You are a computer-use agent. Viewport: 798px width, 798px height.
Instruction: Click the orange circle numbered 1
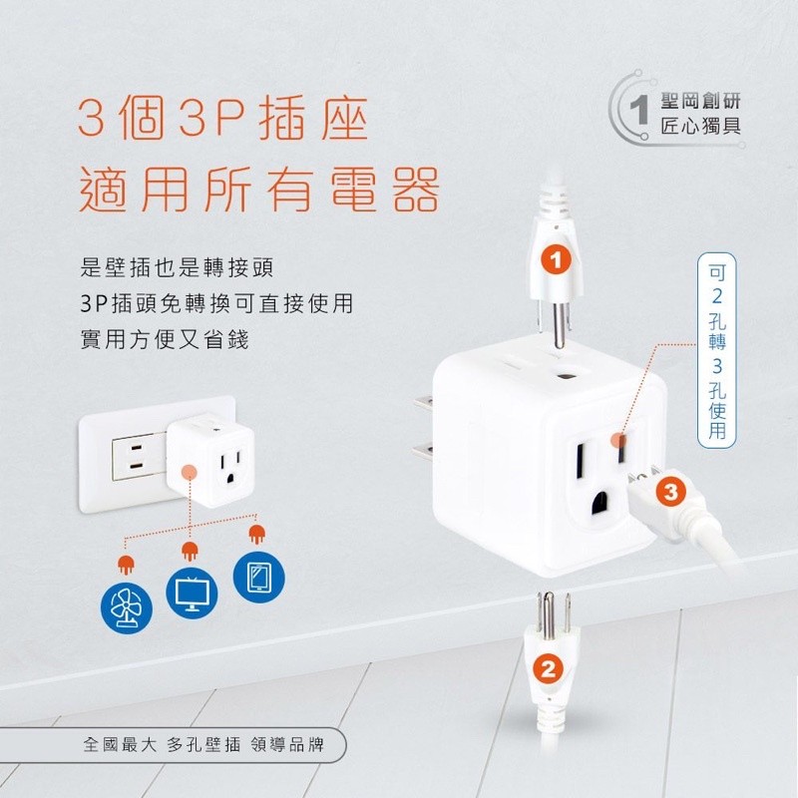(557, 260)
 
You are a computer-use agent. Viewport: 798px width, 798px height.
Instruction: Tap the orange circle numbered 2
(548, 668)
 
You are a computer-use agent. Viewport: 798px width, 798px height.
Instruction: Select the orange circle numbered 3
(670, 492)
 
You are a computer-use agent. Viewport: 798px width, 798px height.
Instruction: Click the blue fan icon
(127, 608)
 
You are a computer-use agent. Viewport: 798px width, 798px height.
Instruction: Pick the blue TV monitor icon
(192, 593)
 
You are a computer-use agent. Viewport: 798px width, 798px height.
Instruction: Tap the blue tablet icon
(259, 578)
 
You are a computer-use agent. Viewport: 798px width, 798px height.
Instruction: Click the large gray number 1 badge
(638, 110)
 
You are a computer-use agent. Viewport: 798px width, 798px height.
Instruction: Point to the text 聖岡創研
(700, 101)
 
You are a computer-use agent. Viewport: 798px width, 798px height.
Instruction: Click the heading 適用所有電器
(259, 190)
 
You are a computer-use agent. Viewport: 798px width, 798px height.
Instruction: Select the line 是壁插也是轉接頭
(178, 267)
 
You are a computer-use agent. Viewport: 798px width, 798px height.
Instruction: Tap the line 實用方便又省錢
(165, 340)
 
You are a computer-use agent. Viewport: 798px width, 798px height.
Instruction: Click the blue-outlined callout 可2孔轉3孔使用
(716, 350)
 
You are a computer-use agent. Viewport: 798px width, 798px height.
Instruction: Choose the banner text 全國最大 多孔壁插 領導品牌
(203, 745)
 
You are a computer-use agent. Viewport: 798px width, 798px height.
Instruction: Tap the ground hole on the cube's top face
(565, 377)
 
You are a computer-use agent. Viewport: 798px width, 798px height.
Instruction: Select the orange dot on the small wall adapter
(190, 472)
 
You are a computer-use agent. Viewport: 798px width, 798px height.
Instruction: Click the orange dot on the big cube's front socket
(618, 439)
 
